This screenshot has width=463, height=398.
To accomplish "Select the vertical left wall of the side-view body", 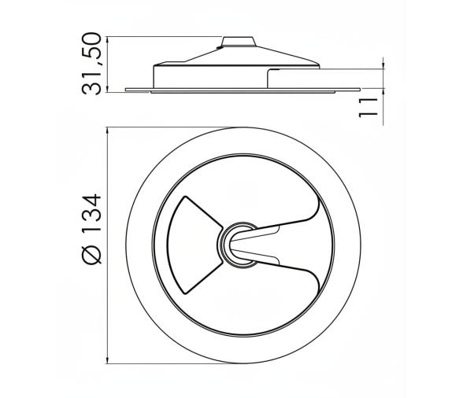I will [x=154, y=76].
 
